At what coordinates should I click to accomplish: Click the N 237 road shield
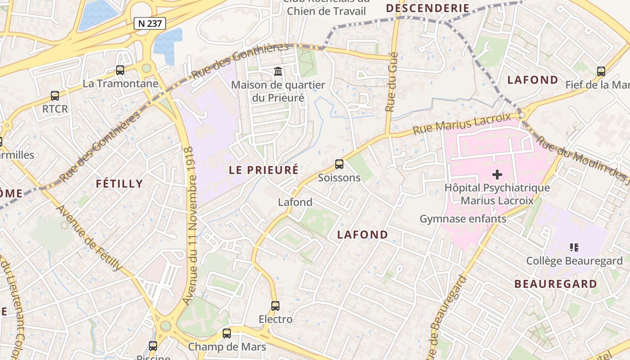(x=150, y=23)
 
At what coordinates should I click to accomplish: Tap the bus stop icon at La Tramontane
(x=120, y=70)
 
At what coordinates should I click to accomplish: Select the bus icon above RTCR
(x=55, y=95)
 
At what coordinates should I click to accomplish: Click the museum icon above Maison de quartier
(x=278, y=71)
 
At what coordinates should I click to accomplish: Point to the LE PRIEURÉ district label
(x=264, y=170)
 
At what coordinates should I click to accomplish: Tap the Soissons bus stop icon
(x=339, y=164)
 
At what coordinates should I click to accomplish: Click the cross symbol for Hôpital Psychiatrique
(x=497, y=174)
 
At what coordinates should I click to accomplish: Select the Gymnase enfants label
(x=463, y=219)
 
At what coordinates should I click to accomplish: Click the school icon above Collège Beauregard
(x=574, y=247)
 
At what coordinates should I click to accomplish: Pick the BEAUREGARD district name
(x=556, y=284)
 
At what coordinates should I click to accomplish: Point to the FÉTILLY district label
(x=119, y=184)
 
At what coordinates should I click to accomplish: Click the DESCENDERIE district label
(x=427, y=8)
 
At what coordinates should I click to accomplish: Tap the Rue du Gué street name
(x=392, y=82)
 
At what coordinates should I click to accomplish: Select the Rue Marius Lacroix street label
(x=462, y=124)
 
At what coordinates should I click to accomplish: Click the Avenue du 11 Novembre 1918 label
(x=190, y=225)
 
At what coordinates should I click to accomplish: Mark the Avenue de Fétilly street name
(x=89, y=238)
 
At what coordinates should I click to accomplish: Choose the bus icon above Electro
(x=275, y=306)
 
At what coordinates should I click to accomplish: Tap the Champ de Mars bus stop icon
(x=227, y=333)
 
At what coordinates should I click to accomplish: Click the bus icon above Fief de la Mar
(x=601, y=71)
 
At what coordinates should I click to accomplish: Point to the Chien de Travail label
(x=326, y=11)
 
